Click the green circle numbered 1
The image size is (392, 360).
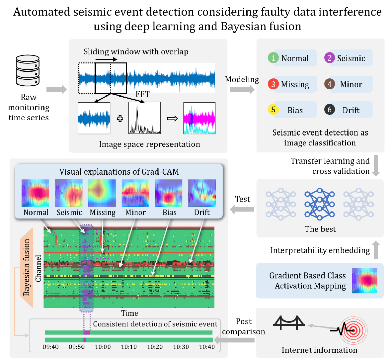273,58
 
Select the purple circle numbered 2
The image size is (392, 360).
329,58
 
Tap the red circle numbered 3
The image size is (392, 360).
273,84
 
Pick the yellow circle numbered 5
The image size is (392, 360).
273,110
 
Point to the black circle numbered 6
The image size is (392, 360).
329,110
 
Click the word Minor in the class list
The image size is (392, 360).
351,84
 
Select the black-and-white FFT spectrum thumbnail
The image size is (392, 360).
144,118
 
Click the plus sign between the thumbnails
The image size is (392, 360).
119,119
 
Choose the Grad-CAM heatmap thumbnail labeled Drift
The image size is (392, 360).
202,193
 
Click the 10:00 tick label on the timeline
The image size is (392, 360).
103,347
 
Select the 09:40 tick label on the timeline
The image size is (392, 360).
51,347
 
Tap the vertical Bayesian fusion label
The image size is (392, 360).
26,267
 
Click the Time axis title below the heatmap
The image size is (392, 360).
129,313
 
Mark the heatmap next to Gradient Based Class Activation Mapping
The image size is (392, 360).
364,281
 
